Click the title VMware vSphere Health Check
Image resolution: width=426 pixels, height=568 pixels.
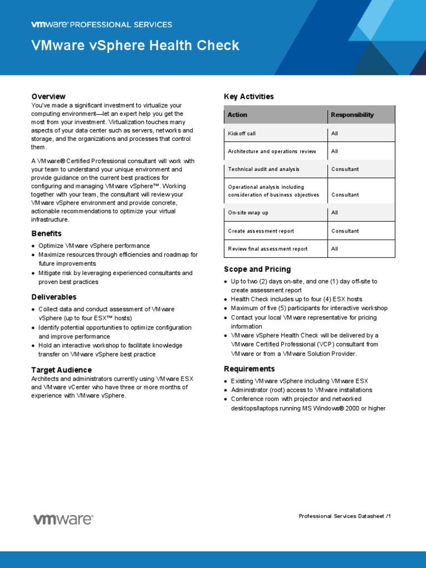click(x=135, y=45)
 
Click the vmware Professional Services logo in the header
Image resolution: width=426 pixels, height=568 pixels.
click(x=102, y=24)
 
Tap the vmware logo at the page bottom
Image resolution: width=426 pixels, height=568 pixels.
click(x=63, y=519)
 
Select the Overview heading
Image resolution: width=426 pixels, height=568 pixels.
click(x=48, y=97)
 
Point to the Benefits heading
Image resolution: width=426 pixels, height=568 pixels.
click(x=47, y=234)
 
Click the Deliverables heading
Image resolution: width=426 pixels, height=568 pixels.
click(x=54, y=297)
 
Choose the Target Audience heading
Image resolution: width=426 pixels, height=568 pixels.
click(x=62, y=369)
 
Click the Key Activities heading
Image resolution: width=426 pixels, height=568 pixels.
click(x=248, y=97)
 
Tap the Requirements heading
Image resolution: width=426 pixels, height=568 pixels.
click(x=249, y=369)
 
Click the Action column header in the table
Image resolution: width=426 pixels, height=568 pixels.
click(x=237, y=115)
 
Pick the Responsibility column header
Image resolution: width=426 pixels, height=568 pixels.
click(x=352, y=115)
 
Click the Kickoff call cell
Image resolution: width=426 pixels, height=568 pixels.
click(x=242, y=134)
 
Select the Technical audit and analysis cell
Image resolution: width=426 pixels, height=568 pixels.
click(x=263, y=169)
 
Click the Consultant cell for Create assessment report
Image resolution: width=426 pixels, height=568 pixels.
click(x=345, y=231)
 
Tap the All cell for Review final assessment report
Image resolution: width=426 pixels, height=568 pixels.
click(x=334, y=249)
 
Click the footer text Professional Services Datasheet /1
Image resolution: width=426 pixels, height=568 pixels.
click(x=344, y=516)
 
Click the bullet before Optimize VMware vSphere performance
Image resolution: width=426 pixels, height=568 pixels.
click(x=34, y=246)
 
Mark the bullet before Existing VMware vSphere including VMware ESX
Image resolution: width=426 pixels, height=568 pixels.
click(x=226, y=381)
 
